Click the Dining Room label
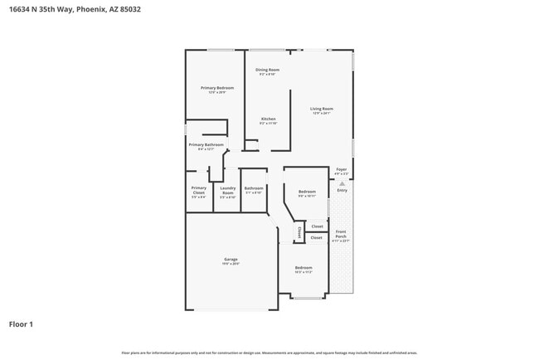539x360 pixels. click(267, 70)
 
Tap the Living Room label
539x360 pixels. click(321, 109)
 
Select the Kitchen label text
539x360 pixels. click(268, 119)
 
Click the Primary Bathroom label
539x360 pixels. click(206, 145)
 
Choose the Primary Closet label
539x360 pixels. click(198, 190)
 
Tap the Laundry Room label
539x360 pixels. click(227, 190)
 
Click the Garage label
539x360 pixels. click(231, 260)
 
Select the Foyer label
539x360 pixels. click(341, 170)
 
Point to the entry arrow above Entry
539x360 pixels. click(341, 184)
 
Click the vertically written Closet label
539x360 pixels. click(299, 234)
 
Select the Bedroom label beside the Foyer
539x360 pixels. click(308, 191)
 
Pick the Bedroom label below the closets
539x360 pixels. click(303, 268)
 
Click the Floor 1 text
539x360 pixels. click(21, 324)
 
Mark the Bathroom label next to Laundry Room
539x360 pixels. click(254, 188)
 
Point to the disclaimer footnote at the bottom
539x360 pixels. click(269, 353)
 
